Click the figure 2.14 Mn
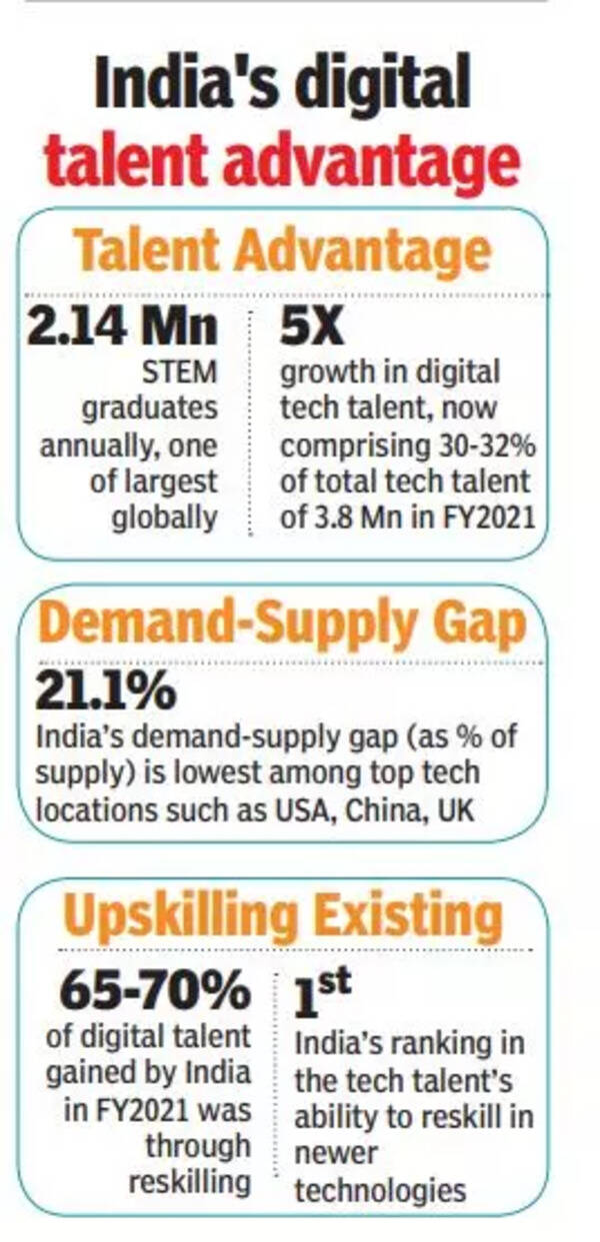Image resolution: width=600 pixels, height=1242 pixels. click(125, 330)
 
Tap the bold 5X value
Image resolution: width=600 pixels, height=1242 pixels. click(310, 330)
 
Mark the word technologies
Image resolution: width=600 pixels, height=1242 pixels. click(380, 1191)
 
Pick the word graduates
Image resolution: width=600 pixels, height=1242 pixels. click(149, 410)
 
